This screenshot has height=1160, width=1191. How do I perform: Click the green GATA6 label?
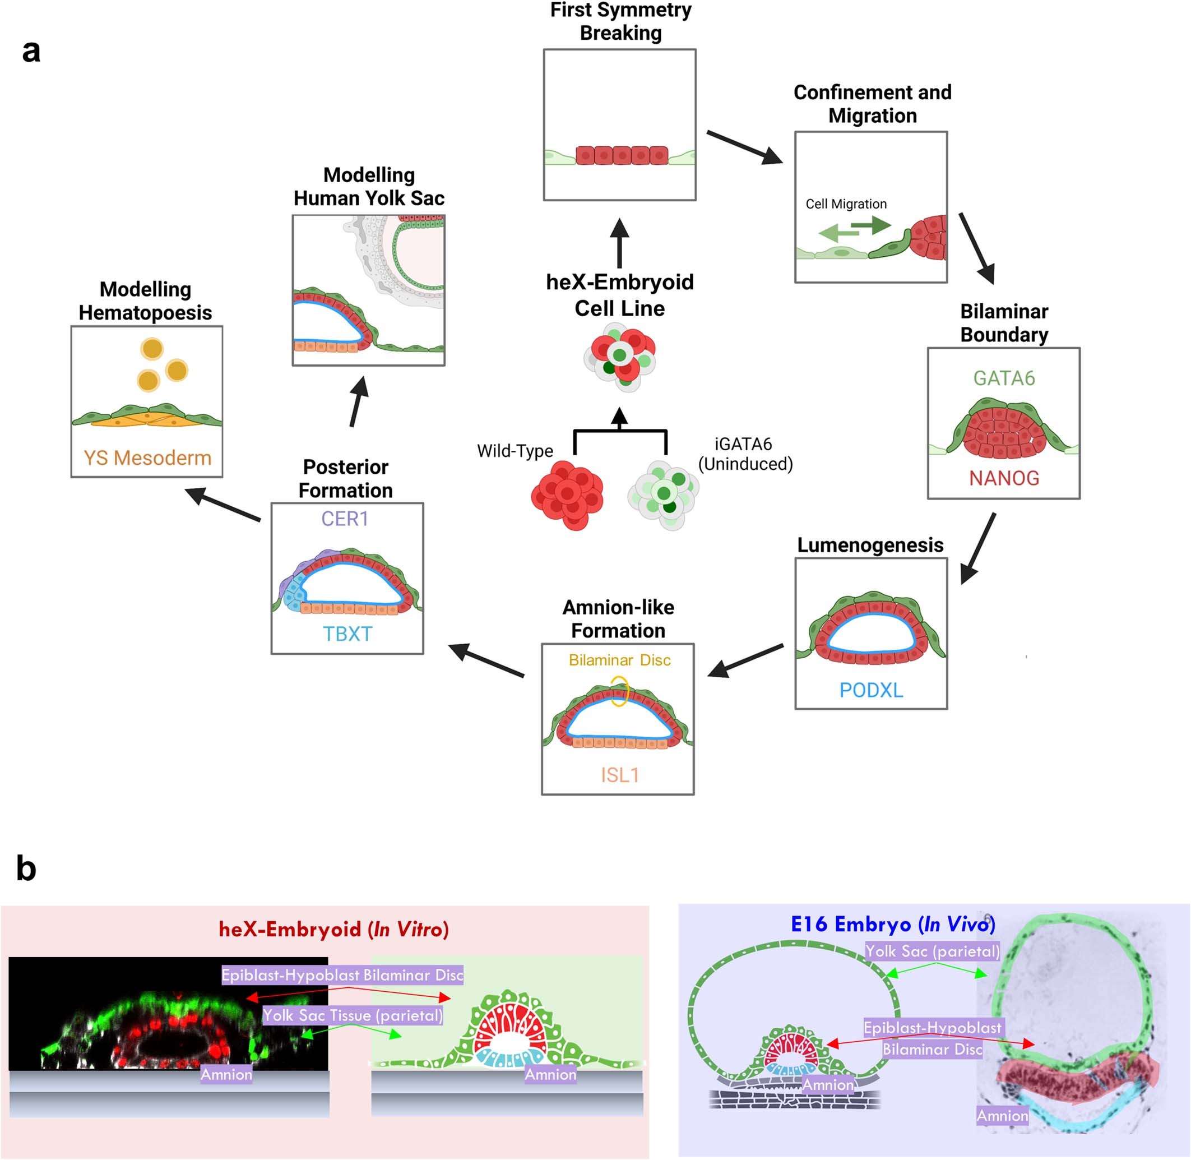(x=1003, y=378)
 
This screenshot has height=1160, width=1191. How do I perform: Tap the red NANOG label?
(x=1003, y=478)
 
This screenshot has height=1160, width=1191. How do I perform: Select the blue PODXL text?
(x=871, y=690)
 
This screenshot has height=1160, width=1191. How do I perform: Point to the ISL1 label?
(x=619, y=775)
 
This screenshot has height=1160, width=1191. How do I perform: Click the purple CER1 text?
(x=345, y=519)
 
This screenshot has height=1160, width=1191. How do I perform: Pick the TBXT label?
(x=346, y=634)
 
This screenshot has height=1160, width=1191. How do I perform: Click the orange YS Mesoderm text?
(x=147, y=458)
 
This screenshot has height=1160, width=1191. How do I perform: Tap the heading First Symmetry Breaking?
(x=620, y=21)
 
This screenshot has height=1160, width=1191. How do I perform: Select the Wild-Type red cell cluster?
(x=567, y=494)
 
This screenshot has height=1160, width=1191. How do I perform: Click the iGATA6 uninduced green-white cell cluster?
(x=663, y=494)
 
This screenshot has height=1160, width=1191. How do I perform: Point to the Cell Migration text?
(x=846, y=204)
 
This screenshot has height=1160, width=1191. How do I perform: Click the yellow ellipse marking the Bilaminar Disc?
(x=619, y=691)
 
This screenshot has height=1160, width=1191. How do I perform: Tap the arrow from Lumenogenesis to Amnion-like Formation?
(x=746, y=660)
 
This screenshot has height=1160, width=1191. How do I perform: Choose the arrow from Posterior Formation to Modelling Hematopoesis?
(x=223, y=505)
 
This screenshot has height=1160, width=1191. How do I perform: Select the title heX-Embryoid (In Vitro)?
(x=333, y=930)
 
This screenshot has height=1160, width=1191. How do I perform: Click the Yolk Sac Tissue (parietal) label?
(x=353, y=1015)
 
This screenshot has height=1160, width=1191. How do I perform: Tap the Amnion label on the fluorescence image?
(x=226, y=1075)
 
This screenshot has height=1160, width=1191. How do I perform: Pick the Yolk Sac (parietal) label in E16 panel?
(x=932, y=951)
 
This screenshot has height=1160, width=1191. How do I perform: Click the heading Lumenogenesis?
(x=870, y=546)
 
